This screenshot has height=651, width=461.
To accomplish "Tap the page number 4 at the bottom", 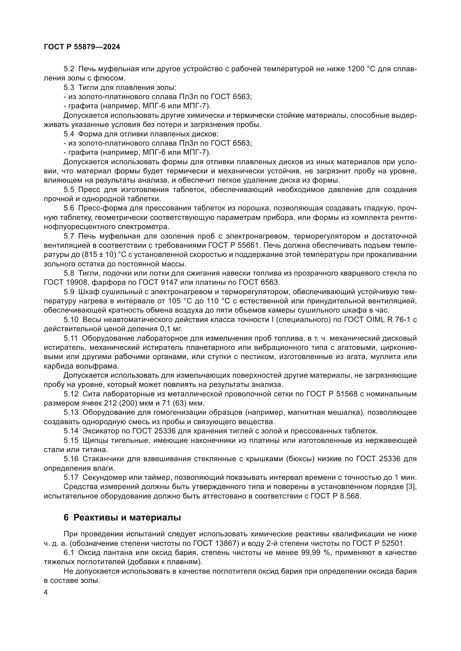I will coord(46,593).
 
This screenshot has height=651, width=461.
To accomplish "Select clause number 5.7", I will coord(69,236).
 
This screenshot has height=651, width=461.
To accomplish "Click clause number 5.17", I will coord(71,478).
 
